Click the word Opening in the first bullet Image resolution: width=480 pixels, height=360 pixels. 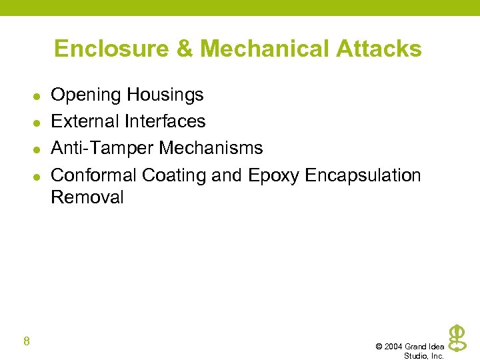(85, 95)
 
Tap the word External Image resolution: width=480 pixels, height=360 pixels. (83, 121)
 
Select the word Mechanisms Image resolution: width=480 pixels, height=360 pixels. (211, 147)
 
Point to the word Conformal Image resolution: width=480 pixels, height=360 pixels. (94, 175)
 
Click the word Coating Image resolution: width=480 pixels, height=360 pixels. (174, 175)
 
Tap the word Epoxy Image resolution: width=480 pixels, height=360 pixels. (273, 175)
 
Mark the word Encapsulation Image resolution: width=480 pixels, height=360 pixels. (363, 175)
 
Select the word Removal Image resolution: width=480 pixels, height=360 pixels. (87, 197)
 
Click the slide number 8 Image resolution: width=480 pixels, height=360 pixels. (26, 342)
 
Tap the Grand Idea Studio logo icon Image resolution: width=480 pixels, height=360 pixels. (457, 337)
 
